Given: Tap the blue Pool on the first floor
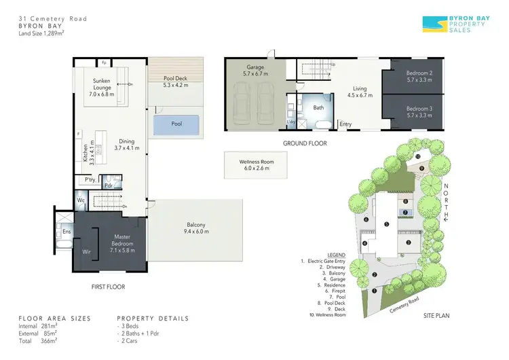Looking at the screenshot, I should click(176, 124).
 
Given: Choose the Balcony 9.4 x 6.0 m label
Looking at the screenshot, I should click(196, 229).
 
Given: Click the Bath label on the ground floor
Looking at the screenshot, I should click(318, 107).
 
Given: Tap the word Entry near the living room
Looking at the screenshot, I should click(345, 124).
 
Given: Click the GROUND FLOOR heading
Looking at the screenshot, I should click(305, 143).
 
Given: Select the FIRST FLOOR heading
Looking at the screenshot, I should click(108, 287).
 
